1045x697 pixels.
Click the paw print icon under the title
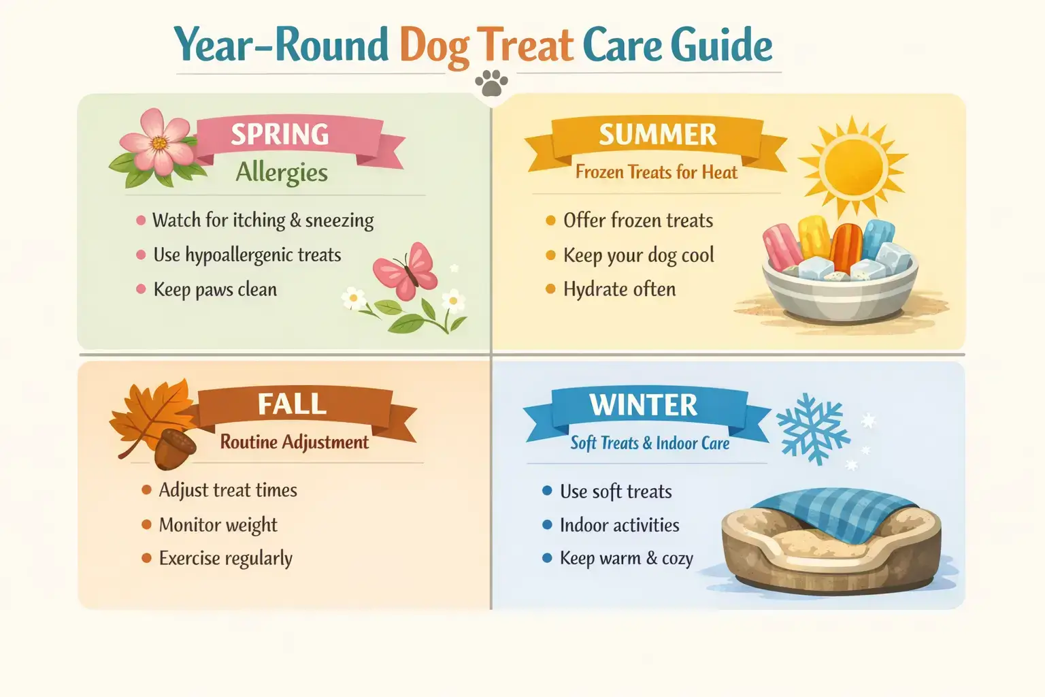point(491,84)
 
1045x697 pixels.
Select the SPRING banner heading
point(280,134)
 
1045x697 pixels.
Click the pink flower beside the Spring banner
point(156,143)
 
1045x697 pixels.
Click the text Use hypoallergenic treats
point(247,255)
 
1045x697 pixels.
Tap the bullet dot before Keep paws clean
point(141,289)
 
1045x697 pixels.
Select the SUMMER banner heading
point(657,135)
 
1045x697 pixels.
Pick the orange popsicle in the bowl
point(846,246)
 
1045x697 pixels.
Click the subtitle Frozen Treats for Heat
point(656,172)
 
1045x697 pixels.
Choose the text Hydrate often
point(619,289)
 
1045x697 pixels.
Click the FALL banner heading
point(292,404)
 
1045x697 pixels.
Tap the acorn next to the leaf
point(175,448)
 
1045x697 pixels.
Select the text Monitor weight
point(218,525)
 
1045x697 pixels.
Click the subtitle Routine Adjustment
point(294,442)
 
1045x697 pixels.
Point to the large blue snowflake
point(812,427)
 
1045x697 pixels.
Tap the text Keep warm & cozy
point(626,558)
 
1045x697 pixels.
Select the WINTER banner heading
point(643,405)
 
